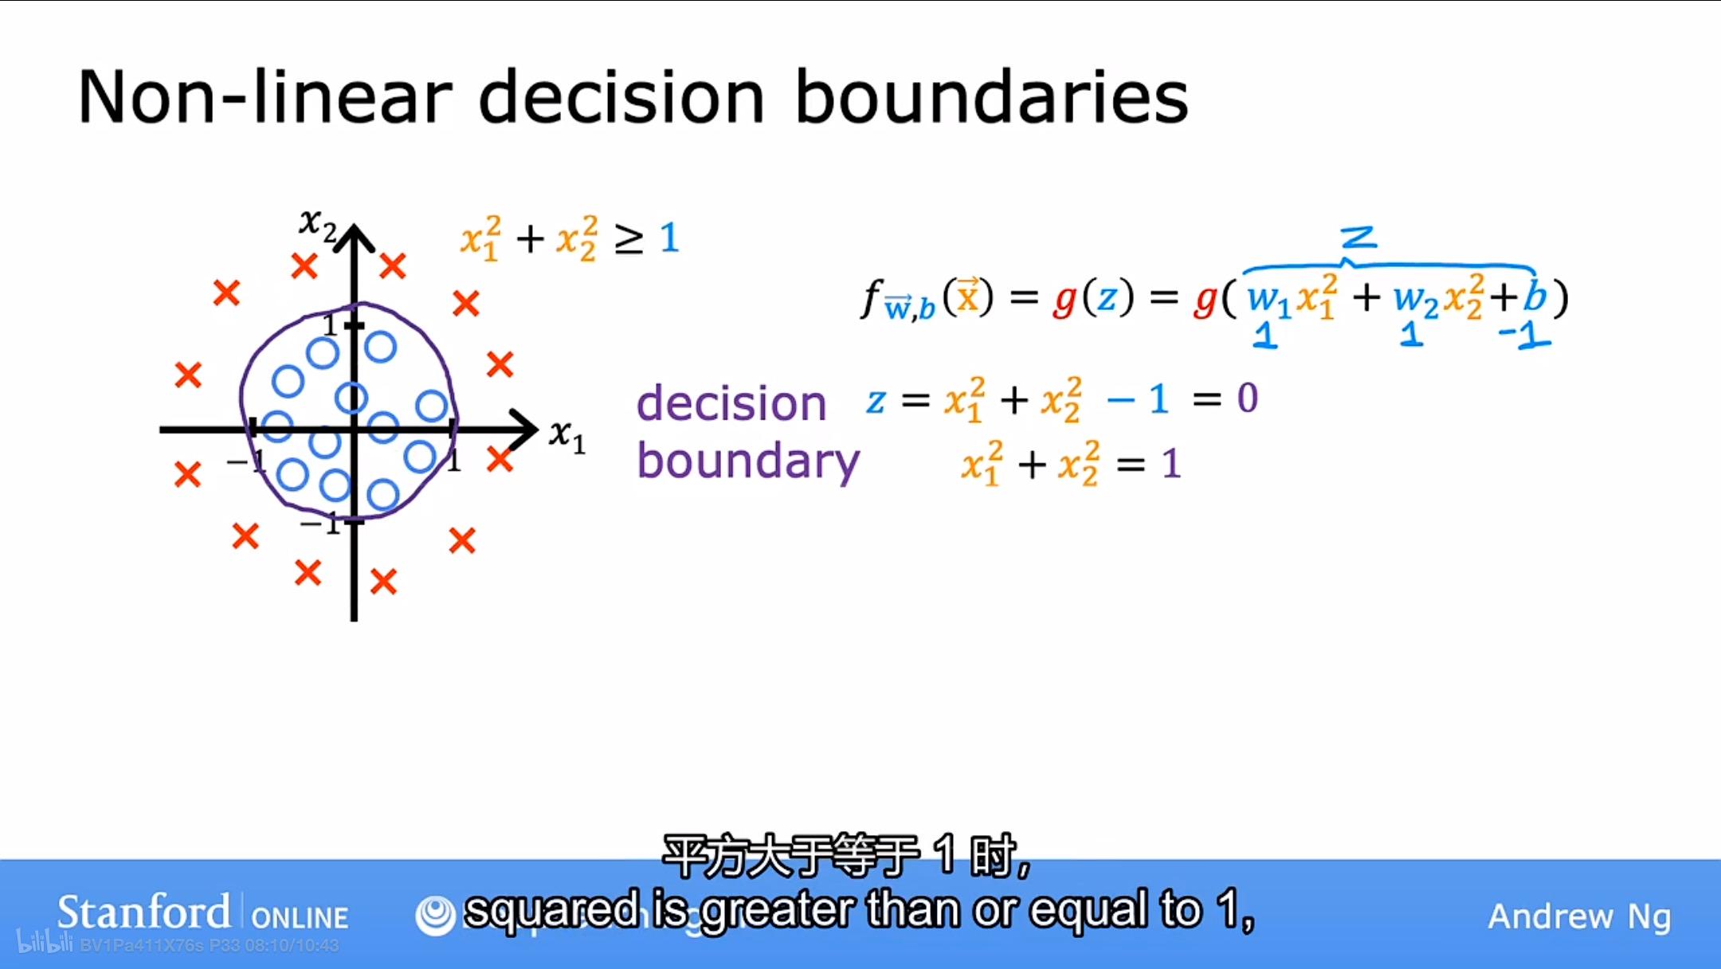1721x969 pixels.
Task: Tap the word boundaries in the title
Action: [x=991, y=97]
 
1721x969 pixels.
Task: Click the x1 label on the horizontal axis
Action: [x=567, y=436]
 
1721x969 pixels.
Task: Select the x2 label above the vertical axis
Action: [x=317, y=224]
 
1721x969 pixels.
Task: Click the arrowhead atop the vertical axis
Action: [x=355, y=237]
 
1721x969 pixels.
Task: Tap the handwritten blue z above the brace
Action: [x=1358, y=237]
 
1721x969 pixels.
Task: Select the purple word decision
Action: [x=731, y=402]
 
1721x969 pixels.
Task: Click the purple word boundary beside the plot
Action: [x=748, y=461]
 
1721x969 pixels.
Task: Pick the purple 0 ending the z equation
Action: [x=1247, y=398]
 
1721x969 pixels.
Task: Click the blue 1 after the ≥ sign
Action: [x=669, y=237]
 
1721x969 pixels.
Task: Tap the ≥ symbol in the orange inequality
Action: [x=629, y=239]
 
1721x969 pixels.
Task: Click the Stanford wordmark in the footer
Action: [x=143, y=912]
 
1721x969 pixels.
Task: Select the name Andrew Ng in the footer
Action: [x=1579, y=916]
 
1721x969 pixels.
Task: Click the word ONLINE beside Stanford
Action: [x=300, y=918]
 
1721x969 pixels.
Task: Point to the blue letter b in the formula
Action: [x=1535, y=297]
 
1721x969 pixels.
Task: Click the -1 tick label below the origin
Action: [x=320, y=525]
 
